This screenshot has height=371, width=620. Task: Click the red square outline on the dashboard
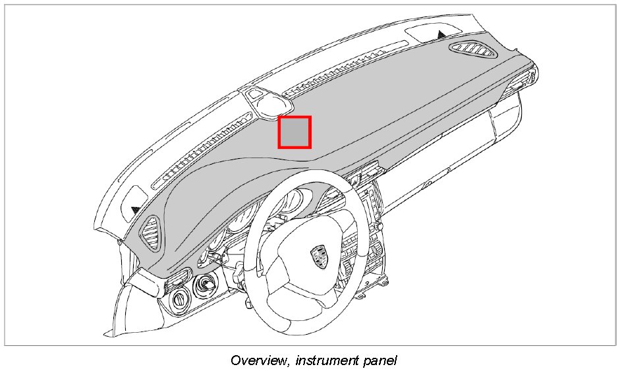295,132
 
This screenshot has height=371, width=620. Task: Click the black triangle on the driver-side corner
136,209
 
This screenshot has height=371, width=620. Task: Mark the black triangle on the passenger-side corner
441,32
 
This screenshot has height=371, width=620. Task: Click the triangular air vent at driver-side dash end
152,233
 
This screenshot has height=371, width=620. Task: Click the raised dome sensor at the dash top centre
269,102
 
